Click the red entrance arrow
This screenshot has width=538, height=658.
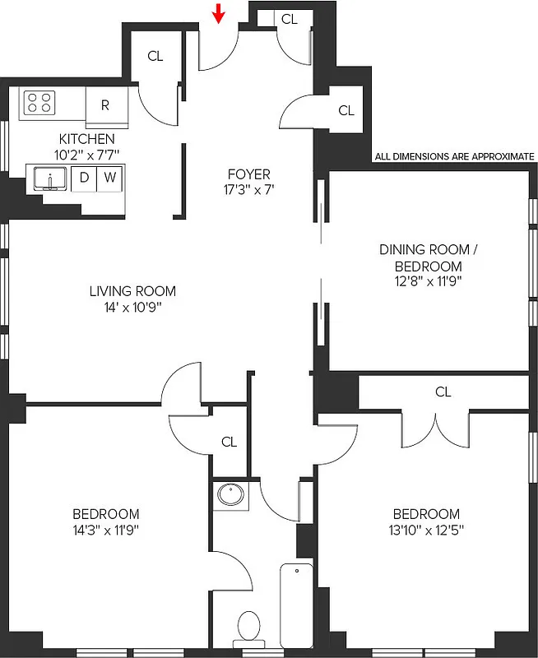click(x=219, y=13)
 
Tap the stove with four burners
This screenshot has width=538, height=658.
click(x=38, y=102)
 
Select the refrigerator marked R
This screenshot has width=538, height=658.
click(x=105, y=105)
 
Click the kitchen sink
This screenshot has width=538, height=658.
click(x=50, y=178)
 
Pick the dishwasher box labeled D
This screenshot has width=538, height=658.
click(x=84, y=178)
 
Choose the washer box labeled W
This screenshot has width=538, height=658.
click(x=109, y=178)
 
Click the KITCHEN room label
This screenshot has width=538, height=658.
click(x=86, y=139)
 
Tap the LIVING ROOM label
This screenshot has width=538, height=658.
click(x=132, y=291)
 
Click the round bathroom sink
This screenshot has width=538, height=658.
click(x=231, y=495)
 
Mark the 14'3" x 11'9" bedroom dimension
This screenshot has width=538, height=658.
click(x=104, y=530)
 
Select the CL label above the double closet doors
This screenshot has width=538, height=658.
click(x=443, y=392)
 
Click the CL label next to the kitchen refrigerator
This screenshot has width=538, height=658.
click(x=155, y=56)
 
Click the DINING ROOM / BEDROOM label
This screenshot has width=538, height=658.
click(x=428, y=257)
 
